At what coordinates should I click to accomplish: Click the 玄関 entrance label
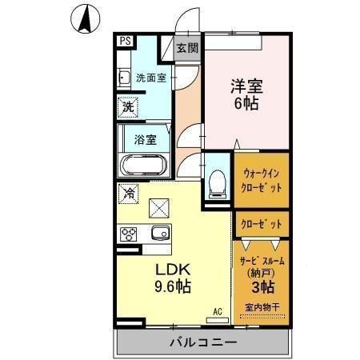point(186,48)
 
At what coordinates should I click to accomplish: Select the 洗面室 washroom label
point(151,78)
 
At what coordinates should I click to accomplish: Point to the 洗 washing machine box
point(128,105)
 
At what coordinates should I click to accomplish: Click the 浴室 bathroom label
point(146,138)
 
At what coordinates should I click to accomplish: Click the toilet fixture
point(215,183)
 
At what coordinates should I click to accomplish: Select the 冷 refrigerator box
point(127,193)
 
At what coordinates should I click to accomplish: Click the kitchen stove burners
point(128,234)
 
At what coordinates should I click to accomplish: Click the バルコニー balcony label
point(202,343)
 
